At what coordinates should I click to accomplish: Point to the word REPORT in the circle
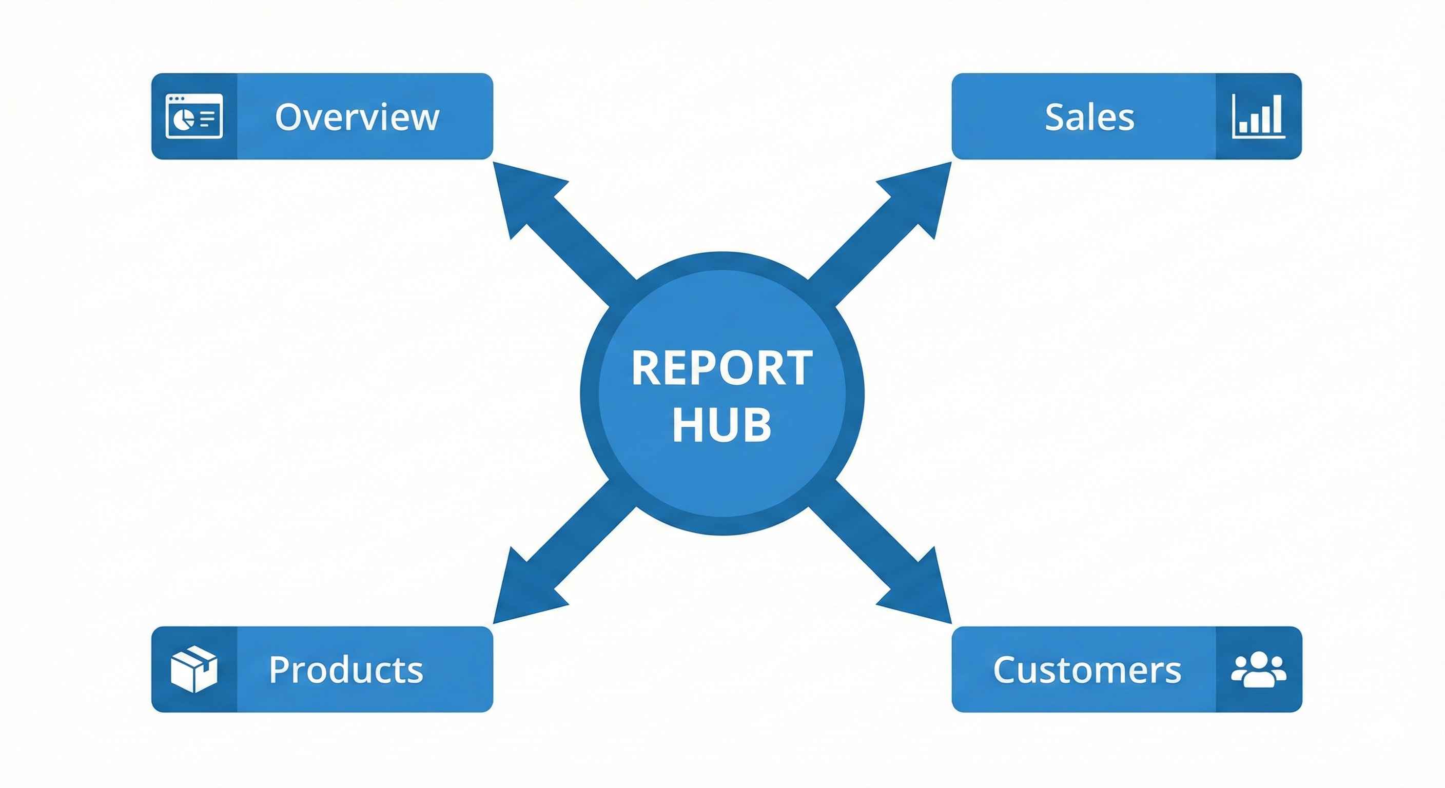[x=722, y=368]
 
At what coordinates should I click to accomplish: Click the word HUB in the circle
[x=722, y=425]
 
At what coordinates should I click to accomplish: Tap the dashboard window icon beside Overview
[x=194, y=116]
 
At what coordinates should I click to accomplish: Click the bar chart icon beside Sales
[x=1258, y=116]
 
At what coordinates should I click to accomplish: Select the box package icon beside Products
[x=193, y=668]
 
